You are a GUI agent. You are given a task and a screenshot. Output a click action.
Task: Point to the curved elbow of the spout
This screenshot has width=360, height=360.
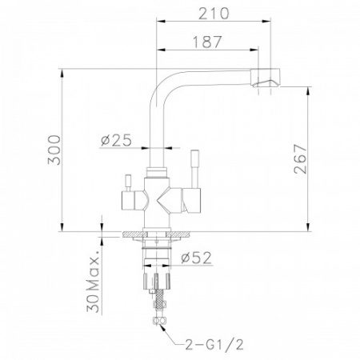160,84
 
